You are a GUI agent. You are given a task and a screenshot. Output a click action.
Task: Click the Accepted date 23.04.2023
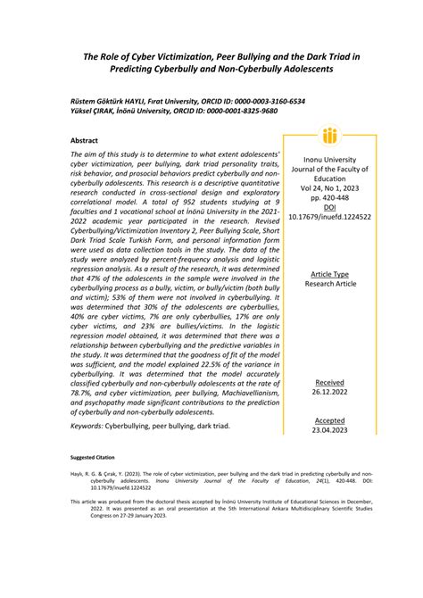(329, 429)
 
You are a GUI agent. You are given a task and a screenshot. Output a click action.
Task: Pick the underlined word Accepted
(329, 419)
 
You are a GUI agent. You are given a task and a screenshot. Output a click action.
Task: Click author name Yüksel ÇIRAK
(92, 112)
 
